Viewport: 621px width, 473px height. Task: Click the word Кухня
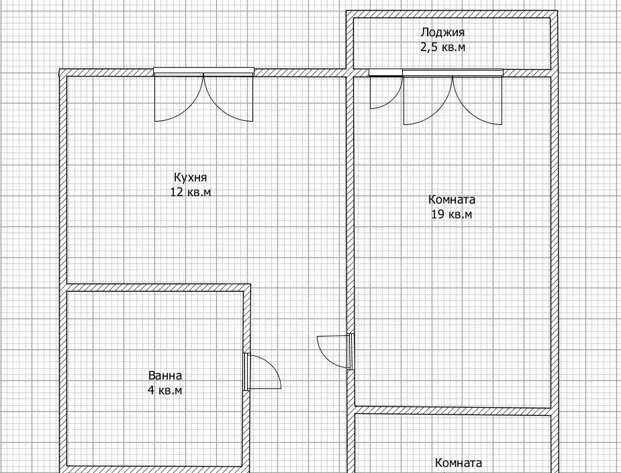pos(190,177)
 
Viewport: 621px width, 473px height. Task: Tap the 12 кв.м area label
pos(191,192)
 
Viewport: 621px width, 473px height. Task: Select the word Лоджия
pos(442,32)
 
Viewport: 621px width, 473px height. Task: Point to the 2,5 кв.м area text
pos(442,47)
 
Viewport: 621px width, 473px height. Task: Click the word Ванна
pos(165,376)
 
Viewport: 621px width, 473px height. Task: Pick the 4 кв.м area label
pos(164,390)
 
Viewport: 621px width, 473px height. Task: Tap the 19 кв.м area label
pos(452,214)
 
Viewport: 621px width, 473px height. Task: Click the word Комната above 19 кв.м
pos(452,200)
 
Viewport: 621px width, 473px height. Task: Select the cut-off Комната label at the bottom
pos(459,463)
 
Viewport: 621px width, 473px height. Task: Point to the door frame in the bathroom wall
pos(247,372)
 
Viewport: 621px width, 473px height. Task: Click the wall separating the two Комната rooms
pos(452,411)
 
